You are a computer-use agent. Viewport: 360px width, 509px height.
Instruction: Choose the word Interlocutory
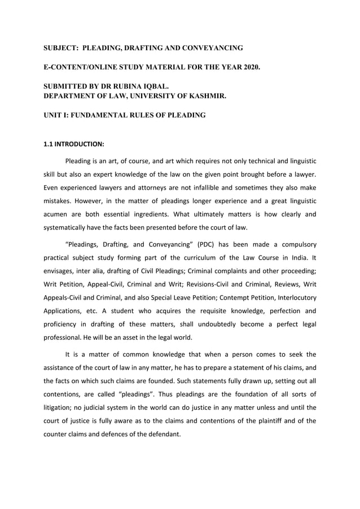pyautogui.click(x=293, y=297)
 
